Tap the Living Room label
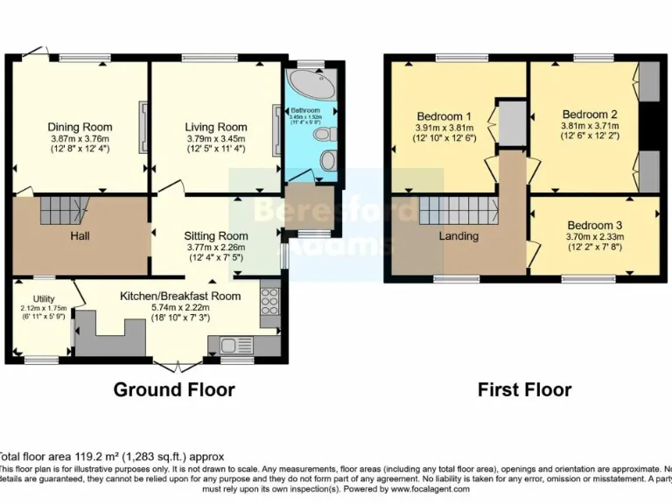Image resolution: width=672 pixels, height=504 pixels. click(215, 127)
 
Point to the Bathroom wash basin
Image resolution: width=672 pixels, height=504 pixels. click(329, 160)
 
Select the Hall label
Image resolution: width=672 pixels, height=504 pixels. click(80, 236)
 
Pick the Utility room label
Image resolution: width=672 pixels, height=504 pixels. click(44, 299)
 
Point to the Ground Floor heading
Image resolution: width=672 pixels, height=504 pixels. click(174, 389)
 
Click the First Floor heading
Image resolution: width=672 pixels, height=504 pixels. click(524, 389)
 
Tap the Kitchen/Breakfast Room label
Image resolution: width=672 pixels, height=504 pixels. click(180, 296)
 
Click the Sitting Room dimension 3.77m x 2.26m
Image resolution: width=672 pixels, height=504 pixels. click(215, 248)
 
